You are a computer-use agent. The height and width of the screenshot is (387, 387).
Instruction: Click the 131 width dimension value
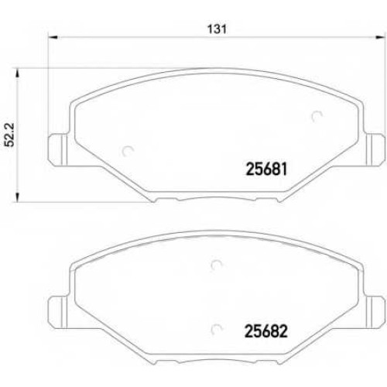(x=217, y=29)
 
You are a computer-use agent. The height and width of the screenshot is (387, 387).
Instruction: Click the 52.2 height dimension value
(x=11, y=135)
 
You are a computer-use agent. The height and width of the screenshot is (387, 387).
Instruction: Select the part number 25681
(x=267, y=170)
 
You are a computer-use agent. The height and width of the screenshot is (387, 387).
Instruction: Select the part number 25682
(x=266, y=331)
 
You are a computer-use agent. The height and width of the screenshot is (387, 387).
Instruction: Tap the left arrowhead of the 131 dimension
(x=53, y=37)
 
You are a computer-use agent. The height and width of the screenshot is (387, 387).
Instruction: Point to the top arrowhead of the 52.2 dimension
(x=18, y=73)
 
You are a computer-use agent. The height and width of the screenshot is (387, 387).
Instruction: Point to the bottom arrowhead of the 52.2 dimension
(x=18, y=197)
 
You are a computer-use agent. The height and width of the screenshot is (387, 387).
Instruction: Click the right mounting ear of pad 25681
(x=374, y=149)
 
